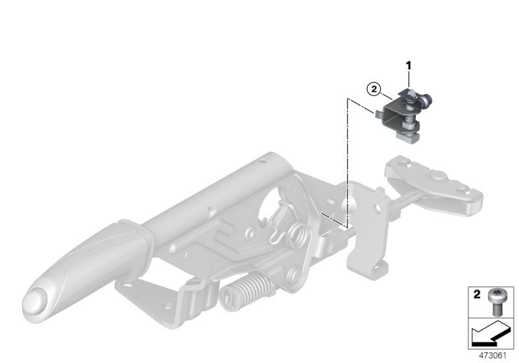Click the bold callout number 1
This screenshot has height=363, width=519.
(409, 65)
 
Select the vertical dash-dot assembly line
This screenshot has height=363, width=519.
(349, 162)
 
